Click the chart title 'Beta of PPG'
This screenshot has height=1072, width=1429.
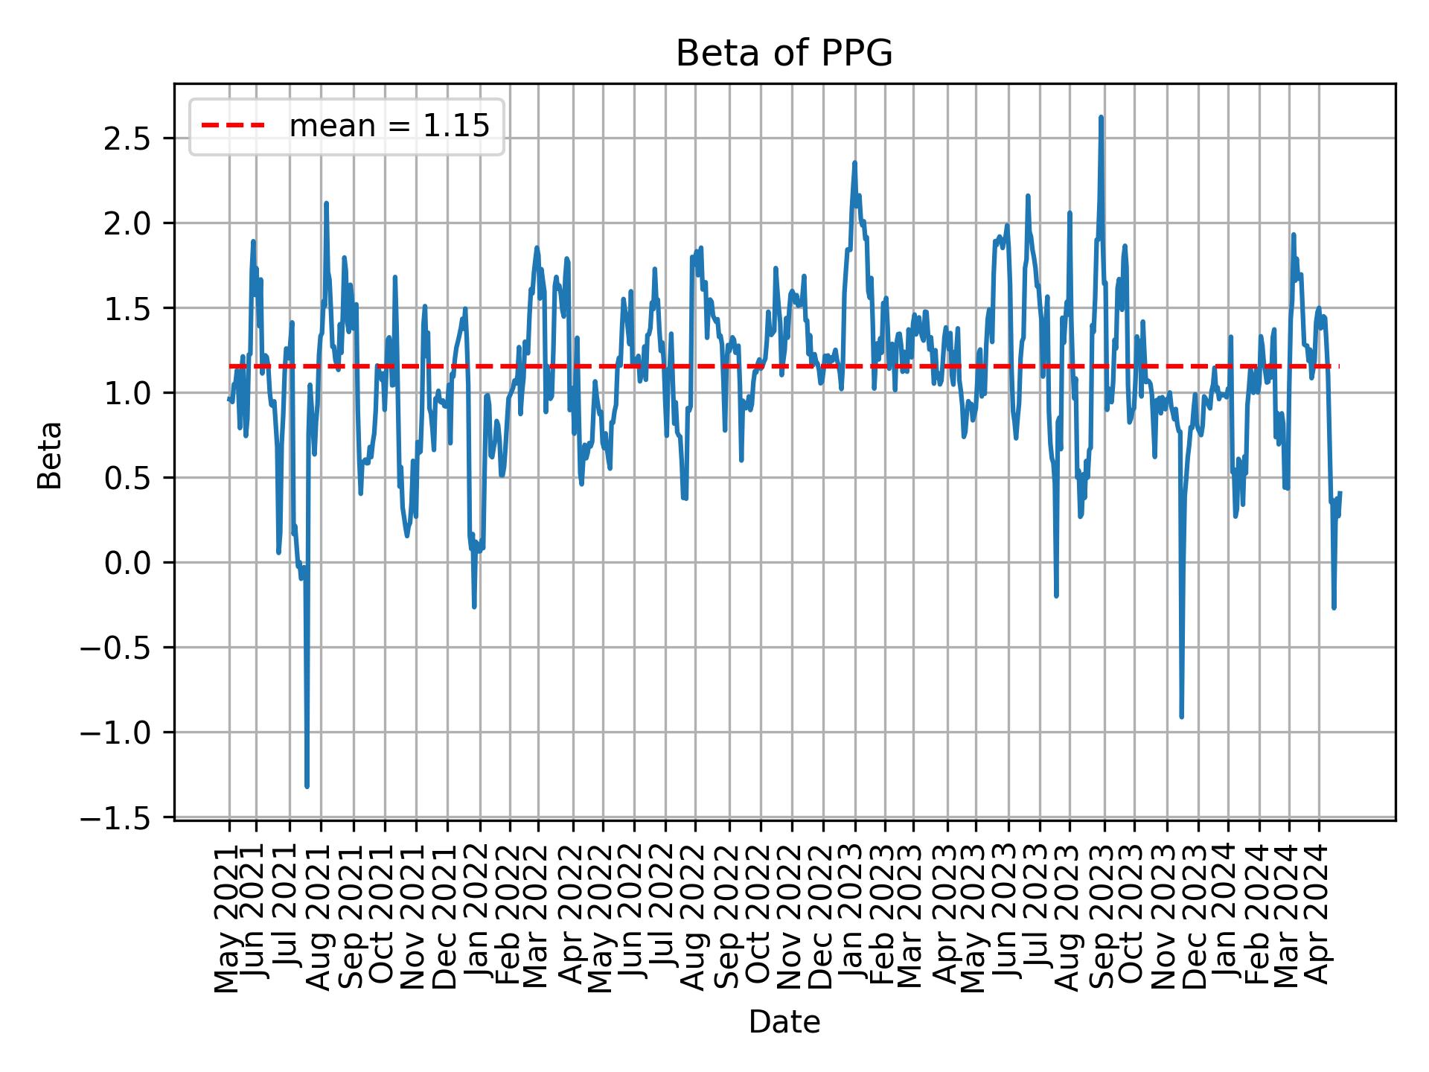click(784, 54)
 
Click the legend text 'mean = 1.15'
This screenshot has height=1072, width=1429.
click(389, 127)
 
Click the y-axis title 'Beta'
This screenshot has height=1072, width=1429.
click(50, 455)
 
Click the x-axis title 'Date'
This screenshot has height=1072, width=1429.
click(784, 1023)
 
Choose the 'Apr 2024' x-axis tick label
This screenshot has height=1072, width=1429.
click(1318, 908)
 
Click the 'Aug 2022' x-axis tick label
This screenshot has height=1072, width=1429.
click(694, 908)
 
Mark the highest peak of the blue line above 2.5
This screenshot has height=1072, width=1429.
click(1101, 118)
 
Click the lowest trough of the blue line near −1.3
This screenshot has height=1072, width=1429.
click(307, 786)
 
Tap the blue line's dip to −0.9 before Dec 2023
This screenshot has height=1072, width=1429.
click(1181, 716)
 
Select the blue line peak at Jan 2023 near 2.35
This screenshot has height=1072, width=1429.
click(854, 163)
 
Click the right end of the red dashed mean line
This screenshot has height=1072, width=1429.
click(1337, 366)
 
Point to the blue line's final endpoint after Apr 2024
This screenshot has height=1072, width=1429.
click(1340, 493)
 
